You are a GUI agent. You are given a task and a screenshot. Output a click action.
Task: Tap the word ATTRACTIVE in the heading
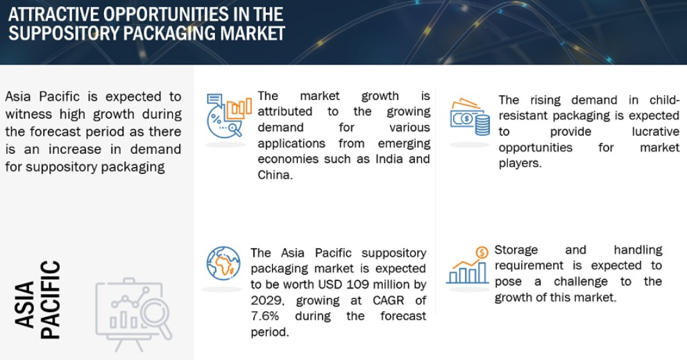(x=53, y=14)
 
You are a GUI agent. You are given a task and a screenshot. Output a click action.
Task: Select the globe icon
(x=223, y=263)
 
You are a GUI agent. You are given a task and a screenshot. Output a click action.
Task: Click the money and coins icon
(x=470, y=117)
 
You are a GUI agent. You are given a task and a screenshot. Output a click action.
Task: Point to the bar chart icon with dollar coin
(x=467, y=265)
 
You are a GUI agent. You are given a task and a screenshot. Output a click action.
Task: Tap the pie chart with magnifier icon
(x=229, y=115)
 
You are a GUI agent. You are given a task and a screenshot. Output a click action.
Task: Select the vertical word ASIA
(x=24, y=305)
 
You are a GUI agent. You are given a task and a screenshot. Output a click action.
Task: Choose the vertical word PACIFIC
(x=50, y=300)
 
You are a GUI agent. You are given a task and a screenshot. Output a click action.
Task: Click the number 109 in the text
(x=358, y=284)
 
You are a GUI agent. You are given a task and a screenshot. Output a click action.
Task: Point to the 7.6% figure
(x=264, y=316)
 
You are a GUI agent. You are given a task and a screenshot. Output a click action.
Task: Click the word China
(x=275, y=175)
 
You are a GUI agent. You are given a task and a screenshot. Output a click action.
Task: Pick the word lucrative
(x=656, y=131)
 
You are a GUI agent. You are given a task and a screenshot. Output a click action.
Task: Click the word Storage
(x=516, y=250)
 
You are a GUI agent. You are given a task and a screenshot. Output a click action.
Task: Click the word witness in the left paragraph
(x=31, y=114)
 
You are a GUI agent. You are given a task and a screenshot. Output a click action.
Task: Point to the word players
(x=520, y=164)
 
